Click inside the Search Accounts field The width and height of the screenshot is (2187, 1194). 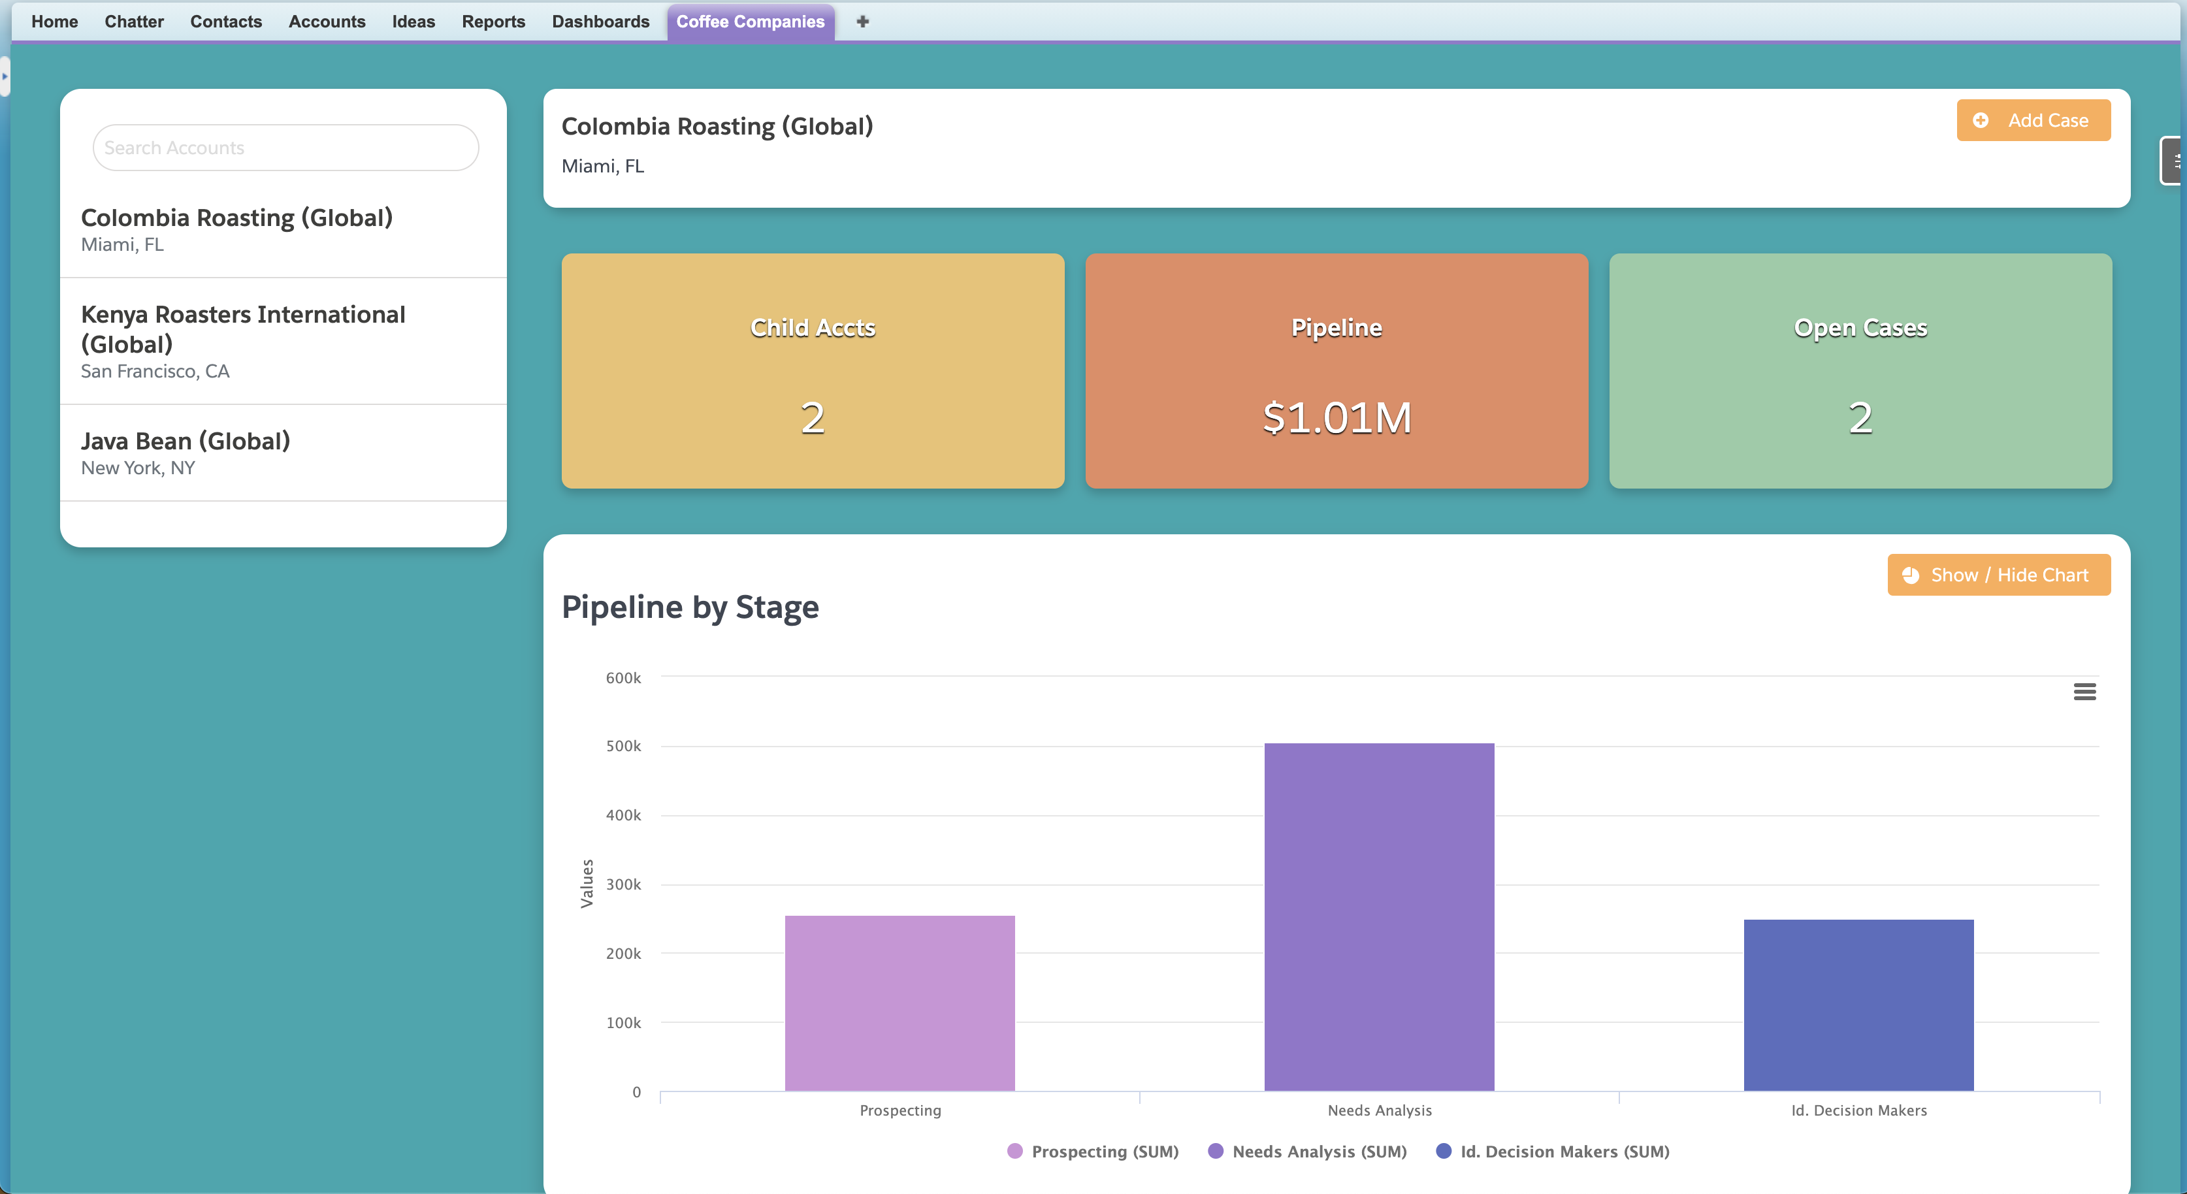pyautogui.click(x=285, y=148)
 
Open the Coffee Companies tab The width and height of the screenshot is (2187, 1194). pyautogui.click(x=750, y=22)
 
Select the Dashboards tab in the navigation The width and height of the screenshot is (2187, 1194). pyautogui.click(x=600, y=22)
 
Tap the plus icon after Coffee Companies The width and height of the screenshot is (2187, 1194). pyautogui.click(x=862, y=22)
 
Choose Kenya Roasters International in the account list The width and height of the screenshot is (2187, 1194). pyautogui.click(x=243, y=329)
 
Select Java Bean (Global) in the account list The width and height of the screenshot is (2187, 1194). pyautogui.click(x=185, y=442)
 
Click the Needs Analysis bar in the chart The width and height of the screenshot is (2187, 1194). pyautogui.click(x=1379, y=917)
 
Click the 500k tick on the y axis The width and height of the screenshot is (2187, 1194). pyautogui.click(x=623, y=747)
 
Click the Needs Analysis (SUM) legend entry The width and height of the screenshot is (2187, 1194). pyautogui.click(x=1318, y=1152)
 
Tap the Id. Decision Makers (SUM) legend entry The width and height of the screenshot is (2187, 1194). pyautogui.click(x=1564, y=1152)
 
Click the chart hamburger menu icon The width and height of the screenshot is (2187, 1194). pyautogui.click(x=2084, y=692)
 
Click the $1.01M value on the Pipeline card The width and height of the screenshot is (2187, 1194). pyautogui.click(x=1336, y=418)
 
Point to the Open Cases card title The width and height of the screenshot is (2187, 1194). pyautogui.click(x=1860, y=328)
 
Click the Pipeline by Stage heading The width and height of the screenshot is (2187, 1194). pyautogui.click(x=690, y=607)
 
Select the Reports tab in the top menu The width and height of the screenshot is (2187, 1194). pyautogui.click(x=493, y=22)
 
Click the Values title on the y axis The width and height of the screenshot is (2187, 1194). pyautogui.click(x=587, y=883)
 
